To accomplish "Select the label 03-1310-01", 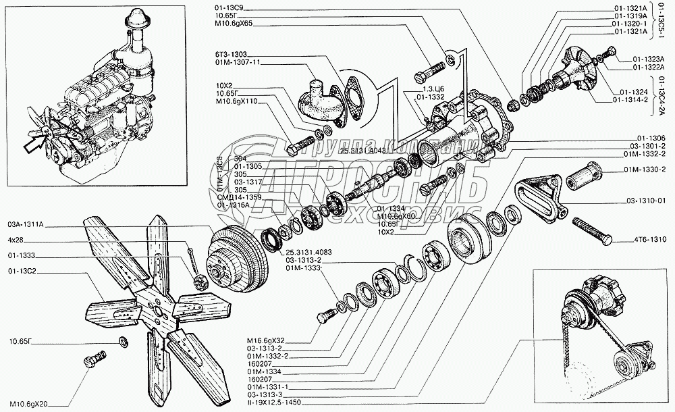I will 651,200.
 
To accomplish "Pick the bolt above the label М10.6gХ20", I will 95,359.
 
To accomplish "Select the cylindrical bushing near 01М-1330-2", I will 584,178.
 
